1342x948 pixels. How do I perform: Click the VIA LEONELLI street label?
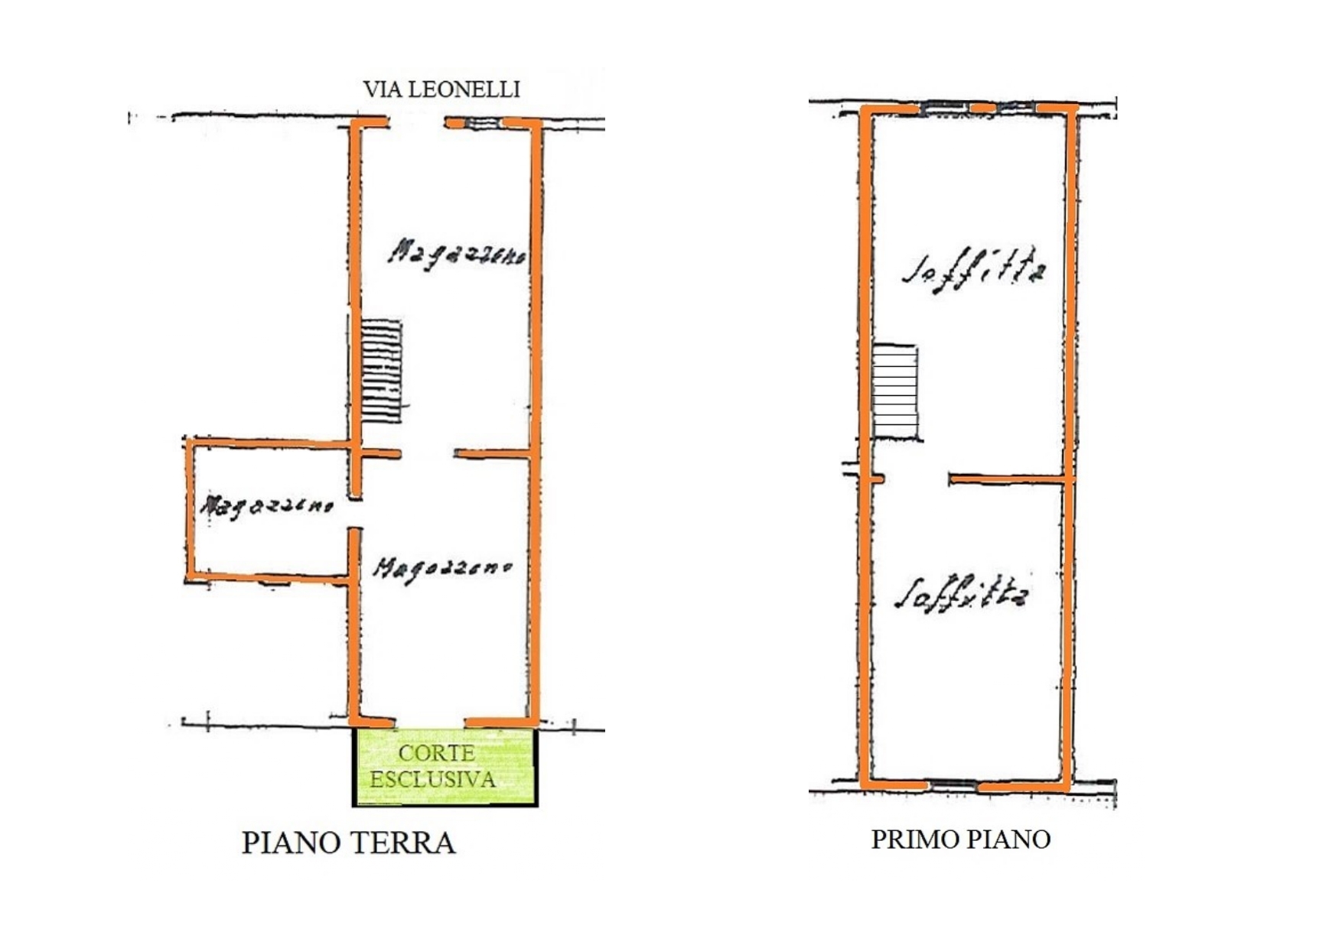pos(441,89)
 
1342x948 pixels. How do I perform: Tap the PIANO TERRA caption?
pos(348,842)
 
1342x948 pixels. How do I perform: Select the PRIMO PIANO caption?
pos(961,839)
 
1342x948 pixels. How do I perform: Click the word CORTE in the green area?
pos(436,753)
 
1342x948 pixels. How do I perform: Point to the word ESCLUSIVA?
pos(433,780)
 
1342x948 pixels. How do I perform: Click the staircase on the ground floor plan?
pos(381,371)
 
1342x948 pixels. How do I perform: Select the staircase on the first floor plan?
pos(895,392)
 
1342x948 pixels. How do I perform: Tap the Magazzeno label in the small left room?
pos(266,505)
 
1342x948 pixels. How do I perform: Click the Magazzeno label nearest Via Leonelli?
pos(457,253)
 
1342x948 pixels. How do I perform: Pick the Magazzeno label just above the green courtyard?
pos(442,569)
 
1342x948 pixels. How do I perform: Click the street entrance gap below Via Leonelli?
pos(417,122)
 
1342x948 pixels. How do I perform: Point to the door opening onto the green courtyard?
pos(430,722)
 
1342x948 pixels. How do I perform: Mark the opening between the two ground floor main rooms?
pos(427,454)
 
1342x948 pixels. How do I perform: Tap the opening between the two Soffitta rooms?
pos(917,479)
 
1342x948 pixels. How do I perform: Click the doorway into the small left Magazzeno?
pos(355,513)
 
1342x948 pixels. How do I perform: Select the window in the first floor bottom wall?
pos(953,784)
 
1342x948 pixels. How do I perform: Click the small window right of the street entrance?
pos(483,122)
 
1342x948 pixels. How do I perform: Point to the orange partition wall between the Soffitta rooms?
pos(1010,479)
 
